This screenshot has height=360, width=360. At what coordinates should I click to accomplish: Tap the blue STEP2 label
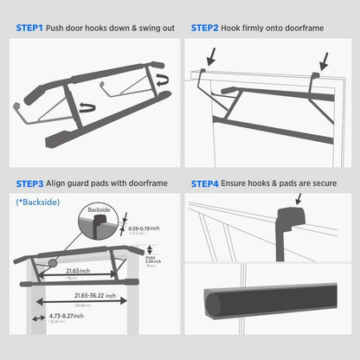pyautogui.click(x=207, y=29)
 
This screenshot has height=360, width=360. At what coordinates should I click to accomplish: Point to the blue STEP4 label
pyautogui.click(x=207, y=184)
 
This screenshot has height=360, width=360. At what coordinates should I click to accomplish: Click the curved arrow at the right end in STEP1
pyautogui.click(x=164, y=82)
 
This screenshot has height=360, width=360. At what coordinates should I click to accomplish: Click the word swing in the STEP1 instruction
pyautogui.click(x=137, y=29)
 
